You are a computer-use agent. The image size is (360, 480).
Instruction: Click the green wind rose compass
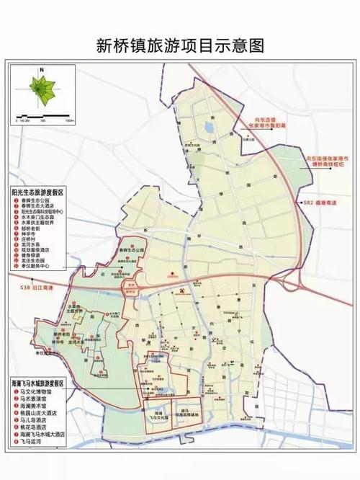click(42, 90)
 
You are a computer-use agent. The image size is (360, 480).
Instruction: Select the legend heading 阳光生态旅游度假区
click(38, 194)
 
